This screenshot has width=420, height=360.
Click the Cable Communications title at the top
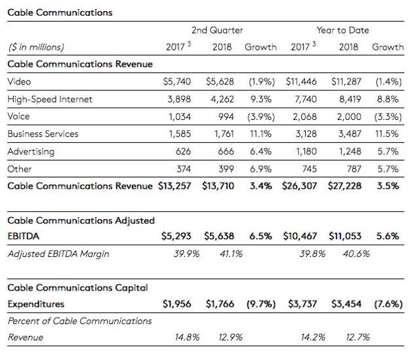click(60, 12)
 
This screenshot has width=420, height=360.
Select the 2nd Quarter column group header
click(217, 30)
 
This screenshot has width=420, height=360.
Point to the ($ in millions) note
click(36, 47)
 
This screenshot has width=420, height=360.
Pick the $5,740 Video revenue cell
click(177, 82)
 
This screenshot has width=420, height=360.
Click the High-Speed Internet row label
click(50, 99)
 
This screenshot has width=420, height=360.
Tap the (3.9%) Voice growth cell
click(261, 117)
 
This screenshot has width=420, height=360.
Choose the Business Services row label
click(43, 134)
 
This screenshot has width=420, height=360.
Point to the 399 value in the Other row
click(226, 169)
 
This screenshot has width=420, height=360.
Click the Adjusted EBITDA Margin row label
click(58, 254)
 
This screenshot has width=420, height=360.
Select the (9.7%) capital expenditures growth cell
click(261, 304)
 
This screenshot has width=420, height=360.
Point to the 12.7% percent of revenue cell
click(358, 337)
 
